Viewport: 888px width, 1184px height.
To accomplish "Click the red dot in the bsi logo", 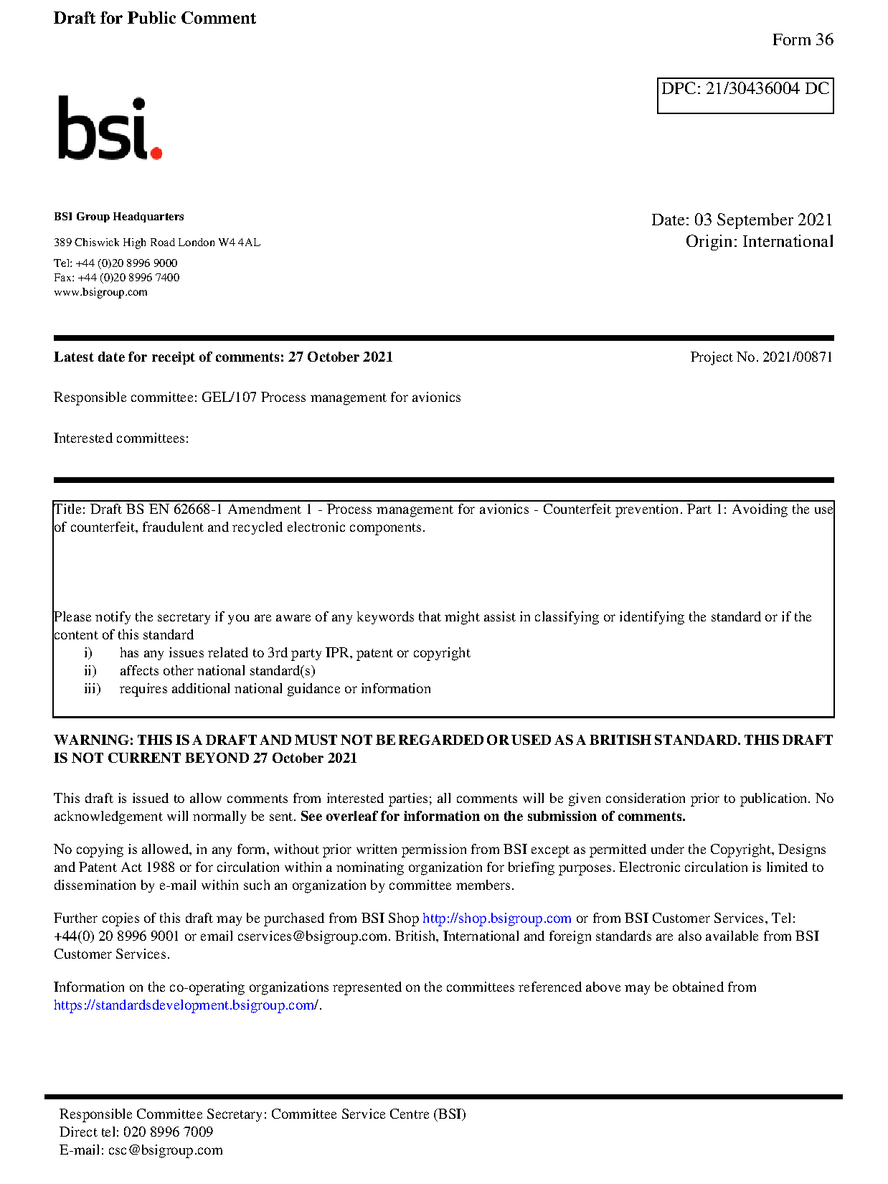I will pos(156,152).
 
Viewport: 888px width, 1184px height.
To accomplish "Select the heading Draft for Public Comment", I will pos(154,19).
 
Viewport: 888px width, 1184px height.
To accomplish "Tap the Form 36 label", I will pos(802,40).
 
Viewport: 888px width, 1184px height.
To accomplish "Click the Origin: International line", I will pos(759,242).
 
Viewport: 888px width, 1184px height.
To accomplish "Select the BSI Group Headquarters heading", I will pos(118,217).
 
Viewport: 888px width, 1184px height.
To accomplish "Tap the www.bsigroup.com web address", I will pos(100,292).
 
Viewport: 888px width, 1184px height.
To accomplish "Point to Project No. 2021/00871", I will pos(761,357).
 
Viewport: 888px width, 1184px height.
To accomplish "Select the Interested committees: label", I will pos(121,438).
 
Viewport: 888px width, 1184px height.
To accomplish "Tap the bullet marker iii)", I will pos(93,689).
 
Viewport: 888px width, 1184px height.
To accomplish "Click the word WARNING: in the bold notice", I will pos(93,741).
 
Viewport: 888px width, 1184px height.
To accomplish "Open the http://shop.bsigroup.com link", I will pos(496,918).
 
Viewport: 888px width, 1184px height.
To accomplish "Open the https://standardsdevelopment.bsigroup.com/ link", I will pos(186,1005).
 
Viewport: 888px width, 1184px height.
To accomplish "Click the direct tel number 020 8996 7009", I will pos(168,1132).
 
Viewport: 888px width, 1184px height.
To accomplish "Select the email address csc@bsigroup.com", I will pos(165,1150).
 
